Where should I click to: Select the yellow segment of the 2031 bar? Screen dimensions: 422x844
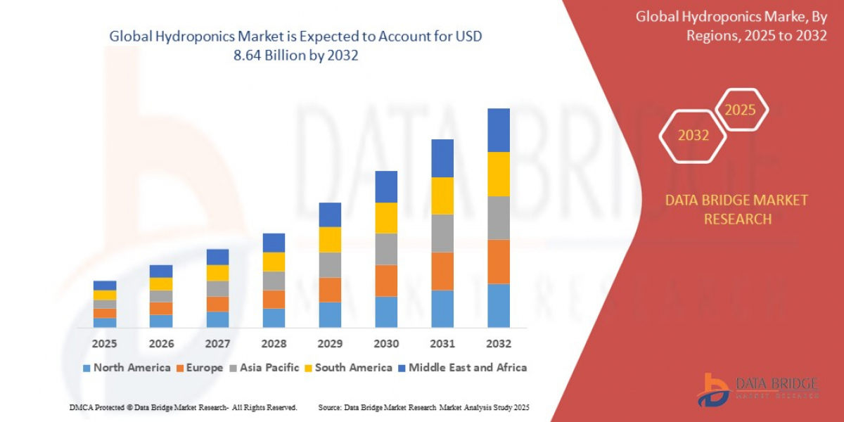(442, 196)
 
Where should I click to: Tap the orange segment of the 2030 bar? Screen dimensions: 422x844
(386, 281)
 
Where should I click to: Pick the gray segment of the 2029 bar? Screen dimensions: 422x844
(330, 264)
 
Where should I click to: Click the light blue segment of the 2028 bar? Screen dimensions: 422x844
(274, 318)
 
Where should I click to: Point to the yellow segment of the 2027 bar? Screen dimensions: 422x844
(217, 273)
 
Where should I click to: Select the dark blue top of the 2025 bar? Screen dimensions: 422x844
(105, 286)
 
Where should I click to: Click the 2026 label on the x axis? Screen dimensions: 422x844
(161, 344)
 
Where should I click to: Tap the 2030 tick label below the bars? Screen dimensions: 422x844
(386, 344)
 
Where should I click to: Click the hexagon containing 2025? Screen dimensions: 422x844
(740, 110)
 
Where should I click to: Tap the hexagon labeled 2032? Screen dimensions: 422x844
(693, 136)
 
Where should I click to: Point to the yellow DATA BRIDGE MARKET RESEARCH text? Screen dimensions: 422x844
(736, 210)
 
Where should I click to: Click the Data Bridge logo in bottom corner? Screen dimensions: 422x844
(756, 388)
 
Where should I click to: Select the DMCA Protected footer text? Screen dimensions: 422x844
(184, 407)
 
